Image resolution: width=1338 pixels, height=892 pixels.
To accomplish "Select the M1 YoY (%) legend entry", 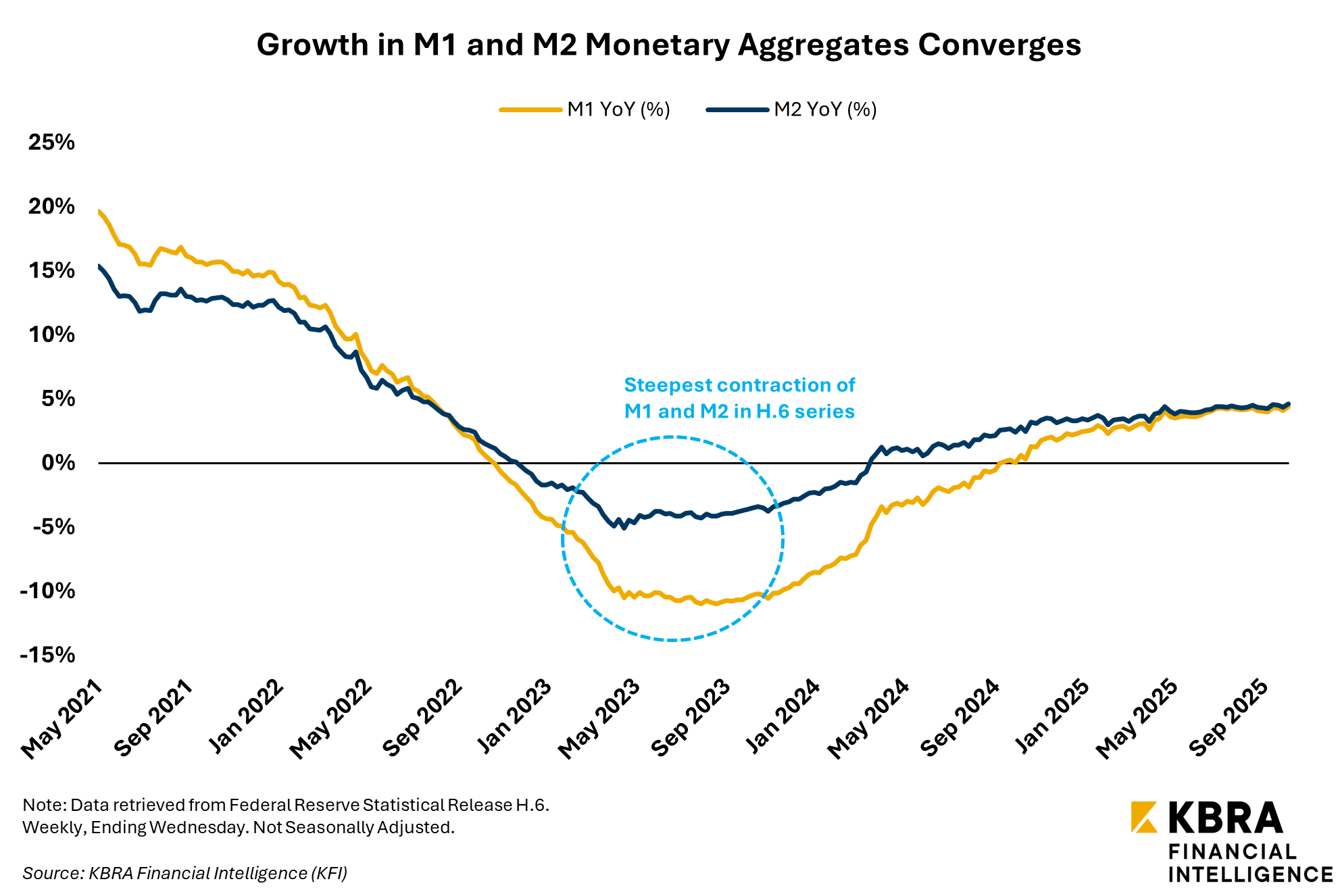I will [x=618, y=109].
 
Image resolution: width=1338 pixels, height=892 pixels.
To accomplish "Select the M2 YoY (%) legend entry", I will [x=824, y=109].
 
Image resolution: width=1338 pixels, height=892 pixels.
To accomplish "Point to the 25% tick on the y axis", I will [x=51, y=142].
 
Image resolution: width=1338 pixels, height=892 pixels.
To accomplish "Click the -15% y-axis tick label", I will [x=47, y=655].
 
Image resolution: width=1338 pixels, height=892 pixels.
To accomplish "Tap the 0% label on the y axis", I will [x=58, y=463].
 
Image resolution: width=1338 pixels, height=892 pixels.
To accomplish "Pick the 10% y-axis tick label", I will [x=51, y=334].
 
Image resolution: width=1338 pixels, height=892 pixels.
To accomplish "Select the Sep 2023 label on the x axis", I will [x=690, y=718].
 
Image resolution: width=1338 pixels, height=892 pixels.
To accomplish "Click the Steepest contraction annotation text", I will [x=739, y=398].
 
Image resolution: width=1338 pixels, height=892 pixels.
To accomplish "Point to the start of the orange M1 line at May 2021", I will [x=100, y=212].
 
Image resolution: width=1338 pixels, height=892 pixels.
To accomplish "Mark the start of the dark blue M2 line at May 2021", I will [x=100, y=267].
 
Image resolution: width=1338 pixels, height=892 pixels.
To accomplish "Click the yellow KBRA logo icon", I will [x=1144, y=817].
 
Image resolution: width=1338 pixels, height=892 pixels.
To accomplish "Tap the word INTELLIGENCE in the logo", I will [x=1250, y=874].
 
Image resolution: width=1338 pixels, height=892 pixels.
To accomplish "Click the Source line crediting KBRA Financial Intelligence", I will [x=185, y=873].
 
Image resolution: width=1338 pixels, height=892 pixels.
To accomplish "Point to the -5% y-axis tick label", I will [x=54, y=526].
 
